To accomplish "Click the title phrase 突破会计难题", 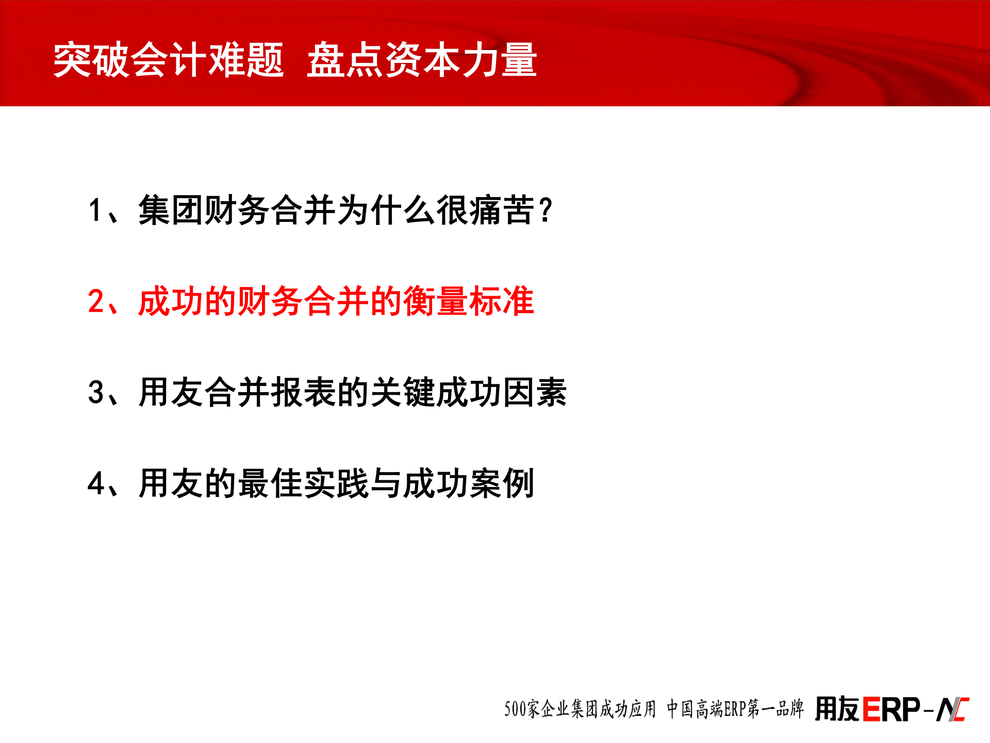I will click(x=169, y=60).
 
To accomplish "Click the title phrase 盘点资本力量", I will click(x=422, y=60).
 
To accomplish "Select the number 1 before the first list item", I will click(x=95, y=211).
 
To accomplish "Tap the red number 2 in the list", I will click(x=96, y=301).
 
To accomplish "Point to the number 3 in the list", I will click(x=96, y=392).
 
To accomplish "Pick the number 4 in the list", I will click(x=96, y=483).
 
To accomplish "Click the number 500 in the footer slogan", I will click(x=515, y=709).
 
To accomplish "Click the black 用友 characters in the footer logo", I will click(x=837, y=709).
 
